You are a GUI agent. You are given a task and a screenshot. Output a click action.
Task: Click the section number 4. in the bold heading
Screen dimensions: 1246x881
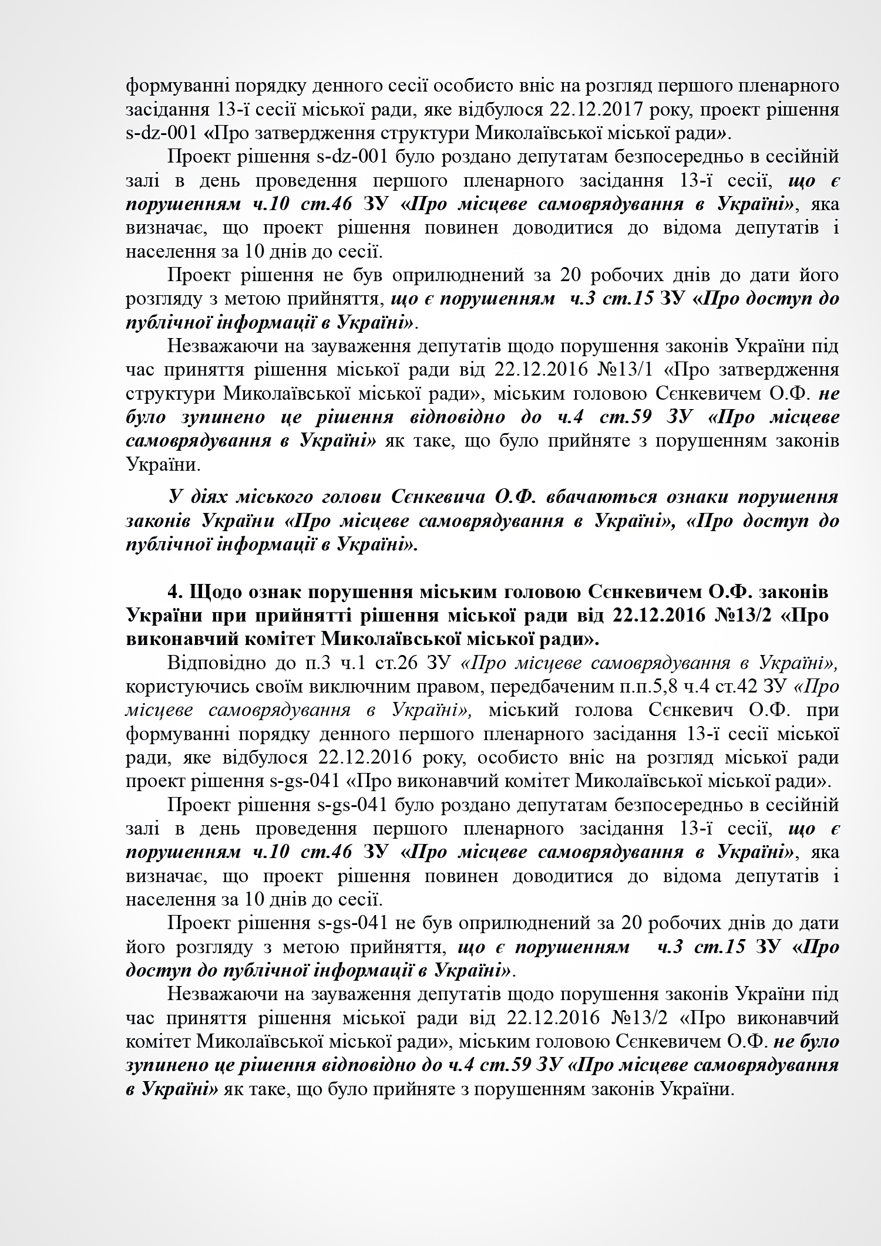click(176, 592)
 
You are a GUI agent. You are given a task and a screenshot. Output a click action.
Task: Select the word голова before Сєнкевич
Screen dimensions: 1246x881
click(606, 710)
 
